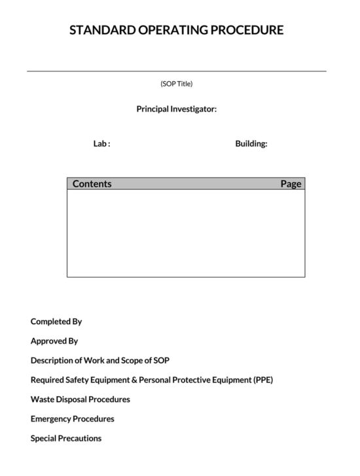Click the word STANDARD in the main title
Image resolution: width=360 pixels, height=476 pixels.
pyautogui.click(x=100, y=30)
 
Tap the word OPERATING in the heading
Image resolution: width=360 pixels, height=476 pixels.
pyautogui.click(x=173, y=30)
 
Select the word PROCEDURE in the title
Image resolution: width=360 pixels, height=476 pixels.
pyautogui.click(x=249, y=30)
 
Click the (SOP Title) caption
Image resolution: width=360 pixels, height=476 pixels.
pyautogui.click(x=177, y=84)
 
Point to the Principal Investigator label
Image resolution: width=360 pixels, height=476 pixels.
pyautogui.click(x=177, y=109)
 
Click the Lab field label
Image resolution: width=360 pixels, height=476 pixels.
pyautogui.click(x=101, y=144)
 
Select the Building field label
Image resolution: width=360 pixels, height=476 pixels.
pyautogui.click(x=251, y=144)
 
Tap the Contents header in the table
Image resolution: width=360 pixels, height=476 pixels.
pyautogui.click(x=92, y=184)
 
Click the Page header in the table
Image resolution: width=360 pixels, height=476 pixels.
pyautogui.click(x=291, y=184)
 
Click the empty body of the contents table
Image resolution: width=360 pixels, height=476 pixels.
pyautogui.click(x=186, y=233)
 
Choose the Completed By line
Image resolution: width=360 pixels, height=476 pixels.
pyautogui.click(x=56, y=322)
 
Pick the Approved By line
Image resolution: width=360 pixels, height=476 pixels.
pyautogui.click(x=54, y=341)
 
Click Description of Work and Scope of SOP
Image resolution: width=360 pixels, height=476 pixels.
pyautogui.click(x=100, y=361)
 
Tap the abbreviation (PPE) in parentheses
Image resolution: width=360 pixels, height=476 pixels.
pyautogui.click(x=262, y=380)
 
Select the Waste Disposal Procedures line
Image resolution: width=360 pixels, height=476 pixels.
pyautogui.click(x=81, y=399)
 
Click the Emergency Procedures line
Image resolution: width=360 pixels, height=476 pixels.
pyautogui.click(x=73, y=419)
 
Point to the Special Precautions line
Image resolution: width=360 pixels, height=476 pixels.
pyautogui.click(x=66, y=439)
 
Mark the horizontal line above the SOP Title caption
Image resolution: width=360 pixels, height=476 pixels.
pyautogui.click(x=177, y=71)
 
